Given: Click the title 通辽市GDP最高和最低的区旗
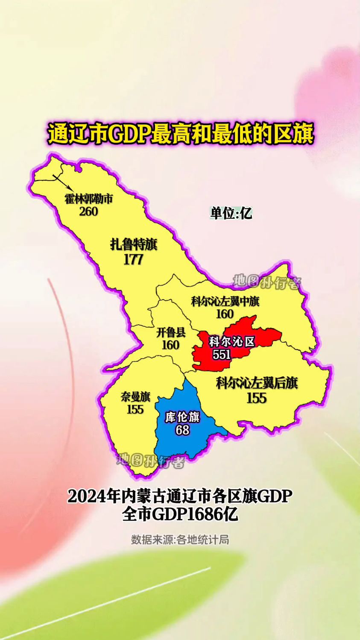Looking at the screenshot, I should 180,134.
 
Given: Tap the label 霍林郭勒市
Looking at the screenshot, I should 89,199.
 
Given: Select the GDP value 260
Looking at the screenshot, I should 89,211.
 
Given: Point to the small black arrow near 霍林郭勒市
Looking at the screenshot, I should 62,181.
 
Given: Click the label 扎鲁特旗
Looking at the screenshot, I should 134,244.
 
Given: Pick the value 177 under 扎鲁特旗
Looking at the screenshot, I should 134,259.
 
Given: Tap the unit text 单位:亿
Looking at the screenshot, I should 231,213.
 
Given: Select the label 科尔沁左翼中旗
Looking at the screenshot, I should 225,302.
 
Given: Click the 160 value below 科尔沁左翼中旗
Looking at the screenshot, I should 225,314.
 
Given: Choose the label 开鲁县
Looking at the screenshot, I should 171,332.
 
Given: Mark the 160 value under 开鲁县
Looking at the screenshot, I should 171,344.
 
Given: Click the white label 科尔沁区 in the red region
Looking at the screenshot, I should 231,342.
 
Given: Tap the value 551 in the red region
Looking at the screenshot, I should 222,354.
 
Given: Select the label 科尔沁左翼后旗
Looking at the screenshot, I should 257,383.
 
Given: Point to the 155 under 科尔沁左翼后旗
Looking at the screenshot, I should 257,398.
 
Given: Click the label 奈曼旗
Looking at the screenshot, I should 135,397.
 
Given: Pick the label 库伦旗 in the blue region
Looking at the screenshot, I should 182,417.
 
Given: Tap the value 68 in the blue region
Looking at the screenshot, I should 182,429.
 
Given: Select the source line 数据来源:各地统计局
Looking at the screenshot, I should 180,540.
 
